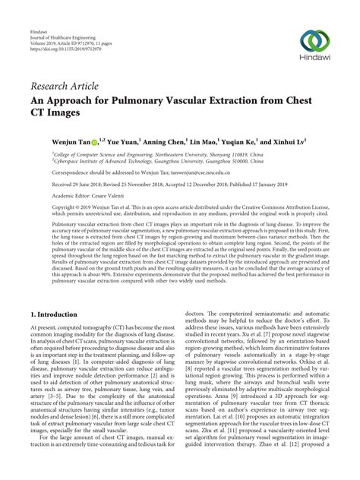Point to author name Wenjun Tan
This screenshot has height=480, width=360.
pos(70,141)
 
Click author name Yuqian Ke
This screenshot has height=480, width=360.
pos(237,141)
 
